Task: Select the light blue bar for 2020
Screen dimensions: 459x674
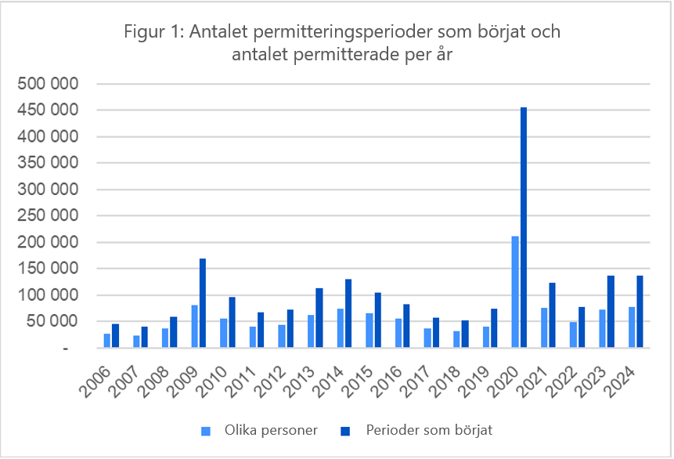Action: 514,291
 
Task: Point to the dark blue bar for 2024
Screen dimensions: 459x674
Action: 640,312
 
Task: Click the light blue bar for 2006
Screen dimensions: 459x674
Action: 107,341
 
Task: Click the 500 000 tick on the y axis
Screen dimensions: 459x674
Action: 49,84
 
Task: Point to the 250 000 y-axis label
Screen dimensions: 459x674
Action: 49,216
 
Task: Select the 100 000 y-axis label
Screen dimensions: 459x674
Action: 49,295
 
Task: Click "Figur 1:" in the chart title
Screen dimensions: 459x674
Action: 153,34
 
